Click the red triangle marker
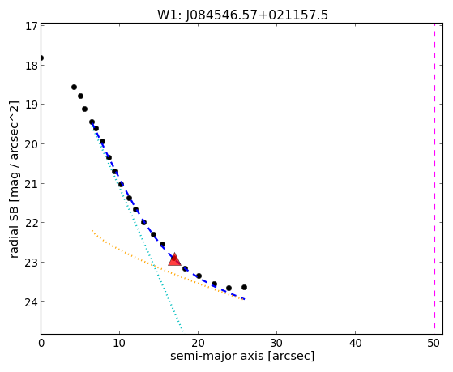(174, 259)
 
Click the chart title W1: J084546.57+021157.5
(242, 15)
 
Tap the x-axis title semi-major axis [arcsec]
(242, 356)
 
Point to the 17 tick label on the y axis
(32, 26)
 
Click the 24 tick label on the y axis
(31, 302)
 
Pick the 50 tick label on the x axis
(434, 343)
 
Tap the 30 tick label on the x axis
(277, 343)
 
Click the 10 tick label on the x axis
(119, 343)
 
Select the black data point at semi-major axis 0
(41, 58)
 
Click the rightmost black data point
(244, 288)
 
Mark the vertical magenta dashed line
(434, 178)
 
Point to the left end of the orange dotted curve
(92, 231)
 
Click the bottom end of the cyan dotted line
(183, 331)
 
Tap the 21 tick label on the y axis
(31, 184)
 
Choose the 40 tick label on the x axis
(356, 343)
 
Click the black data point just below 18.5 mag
(74, 87)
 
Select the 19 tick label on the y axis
(31, 105)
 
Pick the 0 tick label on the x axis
(41, 343)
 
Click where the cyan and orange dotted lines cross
(154, 265)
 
